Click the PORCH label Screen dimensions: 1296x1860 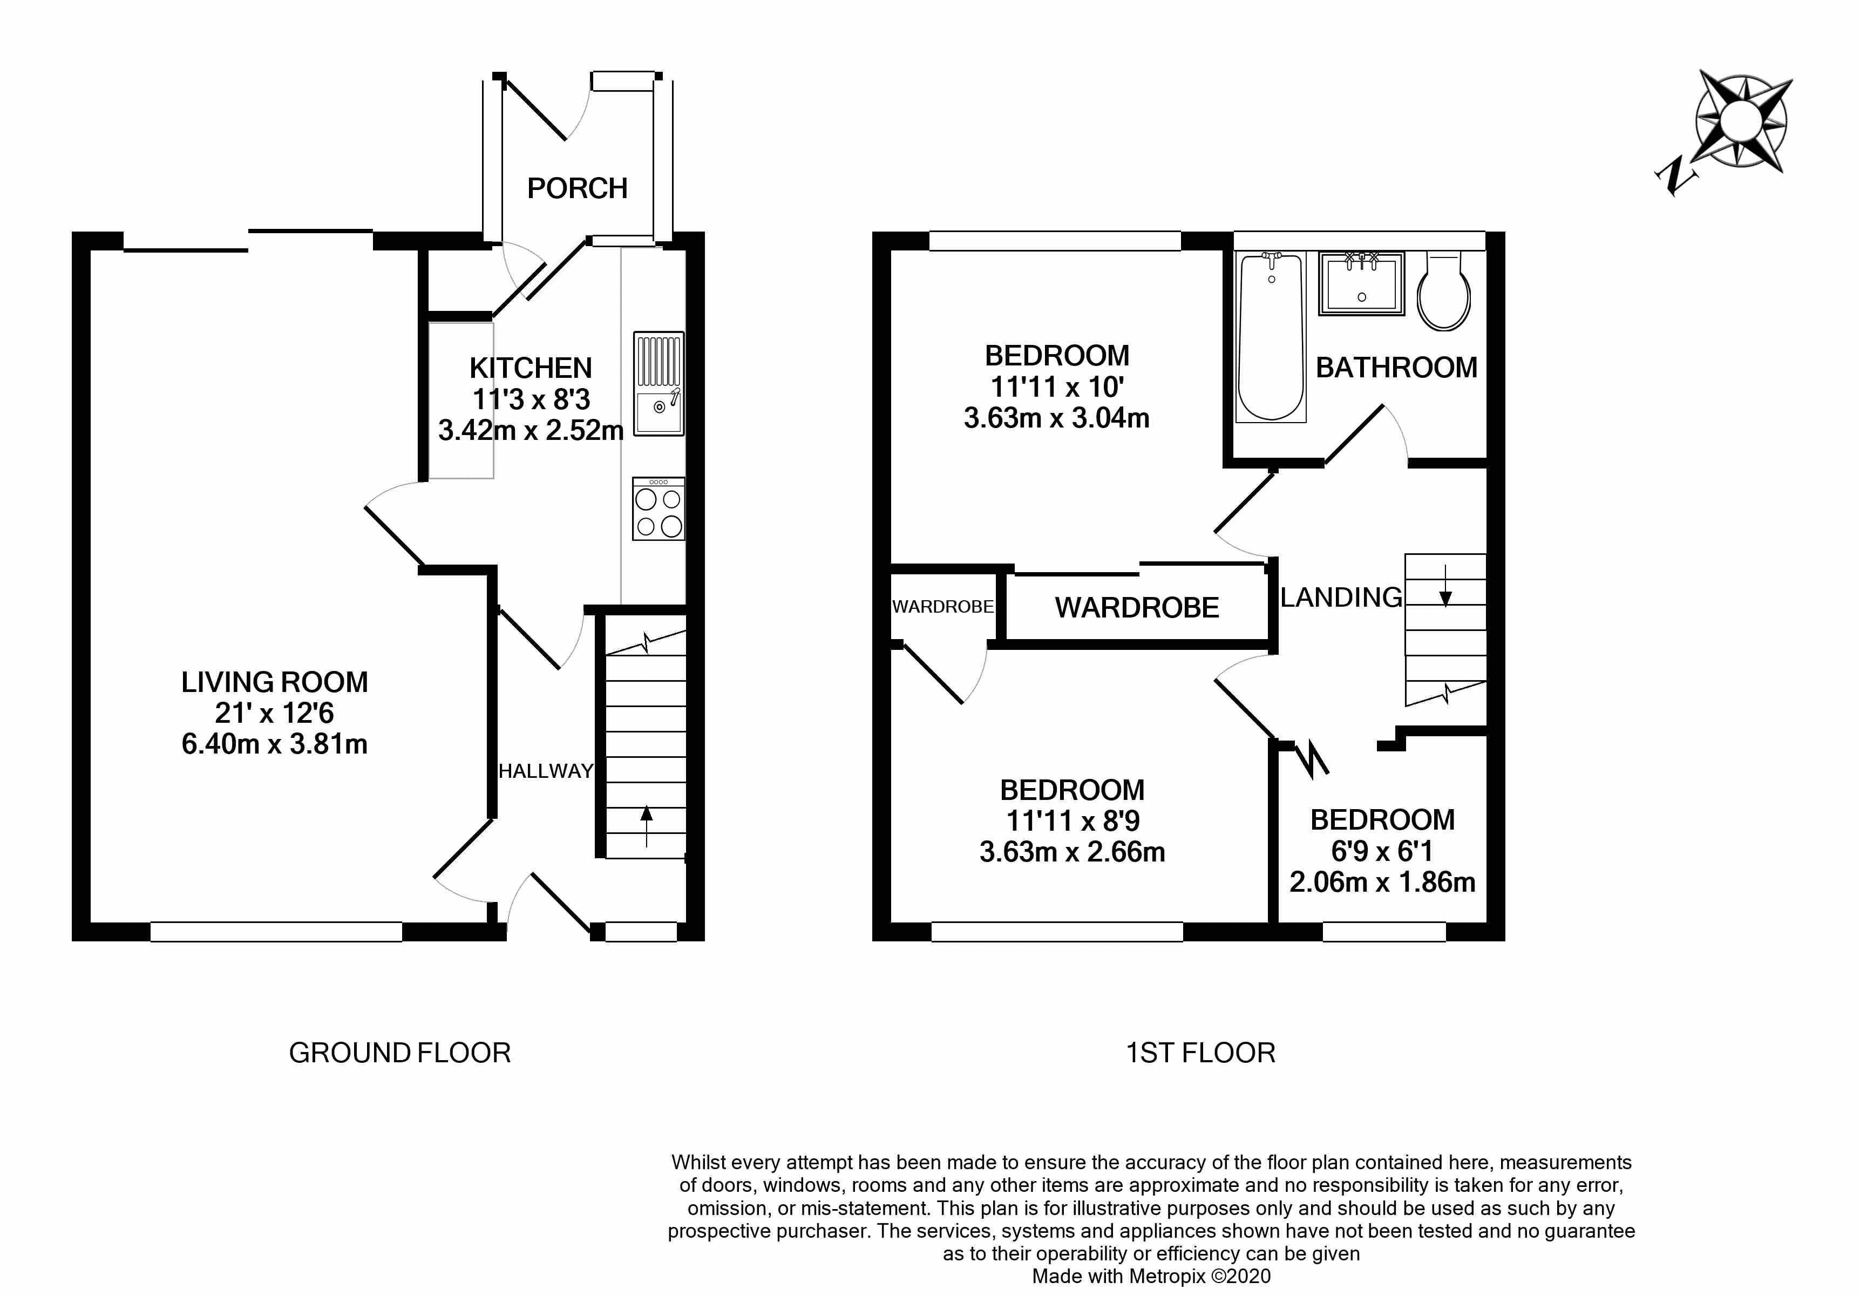pos(577,188)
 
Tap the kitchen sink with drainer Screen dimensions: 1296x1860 pos(658,384)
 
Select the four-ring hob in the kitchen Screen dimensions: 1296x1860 pos(658,508)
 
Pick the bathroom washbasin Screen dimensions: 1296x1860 pos(1361,283)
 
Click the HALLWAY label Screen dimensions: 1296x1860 pos(545,771)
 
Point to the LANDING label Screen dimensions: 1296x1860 pos(1341,598)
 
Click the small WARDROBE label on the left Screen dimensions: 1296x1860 pos(942,607)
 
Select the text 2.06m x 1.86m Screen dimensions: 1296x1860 pos(1382,881)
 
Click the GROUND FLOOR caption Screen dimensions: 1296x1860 pos(399,1053)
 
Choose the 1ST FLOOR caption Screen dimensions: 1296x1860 pos(1200,1053)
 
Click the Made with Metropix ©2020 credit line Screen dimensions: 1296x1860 pos(1150,1277)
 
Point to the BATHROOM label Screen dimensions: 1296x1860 pos(1396,368)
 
